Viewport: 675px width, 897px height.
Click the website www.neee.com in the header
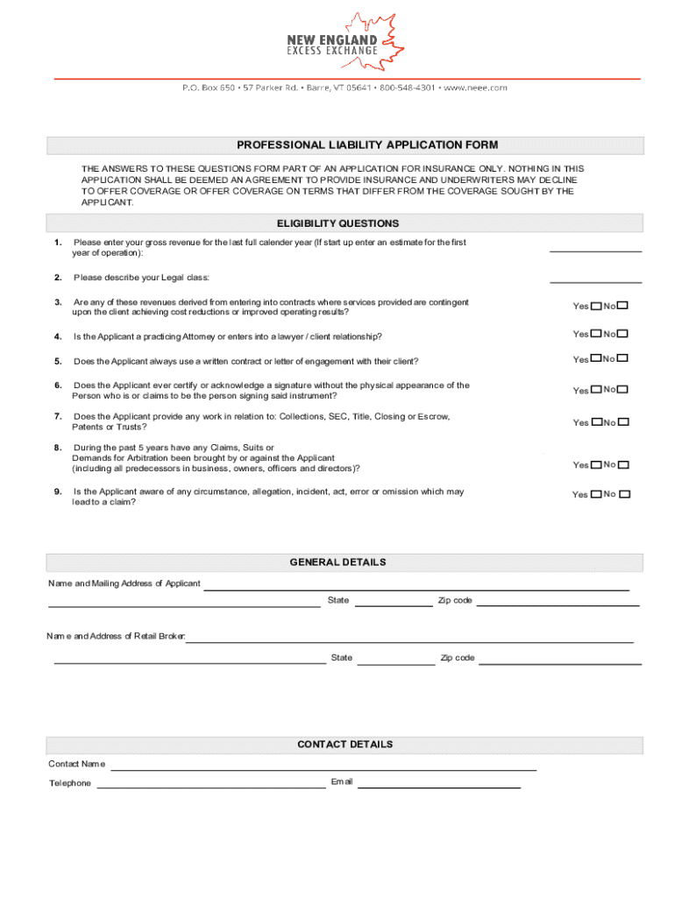coord(476,88)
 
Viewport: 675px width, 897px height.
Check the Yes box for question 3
coord(596,307)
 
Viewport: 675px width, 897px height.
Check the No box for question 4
coord(623,334)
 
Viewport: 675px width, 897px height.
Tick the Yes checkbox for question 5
coord(596,359)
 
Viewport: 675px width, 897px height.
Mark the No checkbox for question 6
coord(623,390)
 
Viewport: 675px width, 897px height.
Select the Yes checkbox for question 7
coord(596,422)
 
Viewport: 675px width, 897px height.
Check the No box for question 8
coord(623,465)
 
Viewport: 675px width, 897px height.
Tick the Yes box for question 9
coord(596,494)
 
